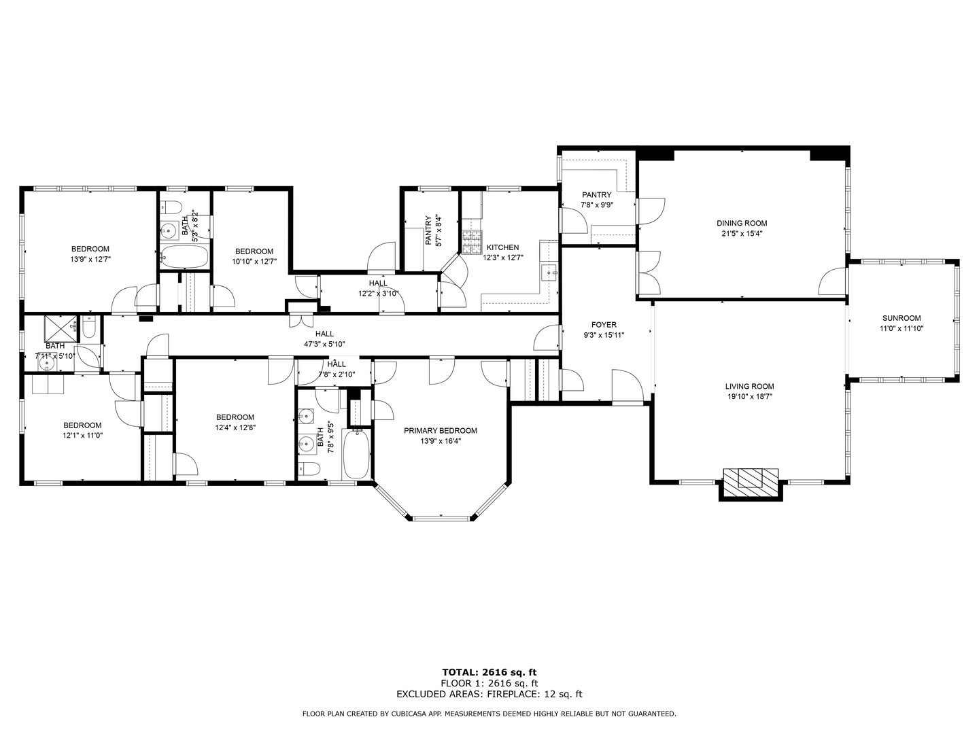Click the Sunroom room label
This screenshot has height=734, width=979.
[x=901, y=318]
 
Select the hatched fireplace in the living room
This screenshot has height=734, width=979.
[x=751, y=483]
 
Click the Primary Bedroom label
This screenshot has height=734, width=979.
[x=441, y=431]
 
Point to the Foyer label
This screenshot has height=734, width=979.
[x=604, y=325]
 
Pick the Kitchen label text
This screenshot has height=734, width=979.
[x=502, y=247]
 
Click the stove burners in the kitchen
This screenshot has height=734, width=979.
[x=473, y=242]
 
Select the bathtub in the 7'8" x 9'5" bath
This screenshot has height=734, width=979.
[x=356, y=453]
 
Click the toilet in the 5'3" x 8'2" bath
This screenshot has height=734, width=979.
[x=171, y=207]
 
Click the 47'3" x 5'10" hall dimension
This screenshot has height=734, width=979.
[x=324, y=344]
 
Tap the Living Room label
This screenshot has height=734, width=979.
[x=749, y=387]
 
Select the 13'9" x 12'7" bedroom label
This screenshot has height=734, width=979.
[x=90, y=249]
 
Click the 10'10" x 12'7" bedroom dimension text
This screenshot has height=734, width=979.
[x=254, y=262]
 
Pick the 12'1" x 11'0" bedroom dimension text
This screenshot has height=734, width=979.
[x=82, y=436]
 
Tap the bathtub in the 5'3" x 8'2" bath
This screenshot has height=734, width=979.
[x=184, y=257]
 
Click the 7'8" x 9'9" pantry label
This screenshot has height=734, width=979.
[x=596, y=200]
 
